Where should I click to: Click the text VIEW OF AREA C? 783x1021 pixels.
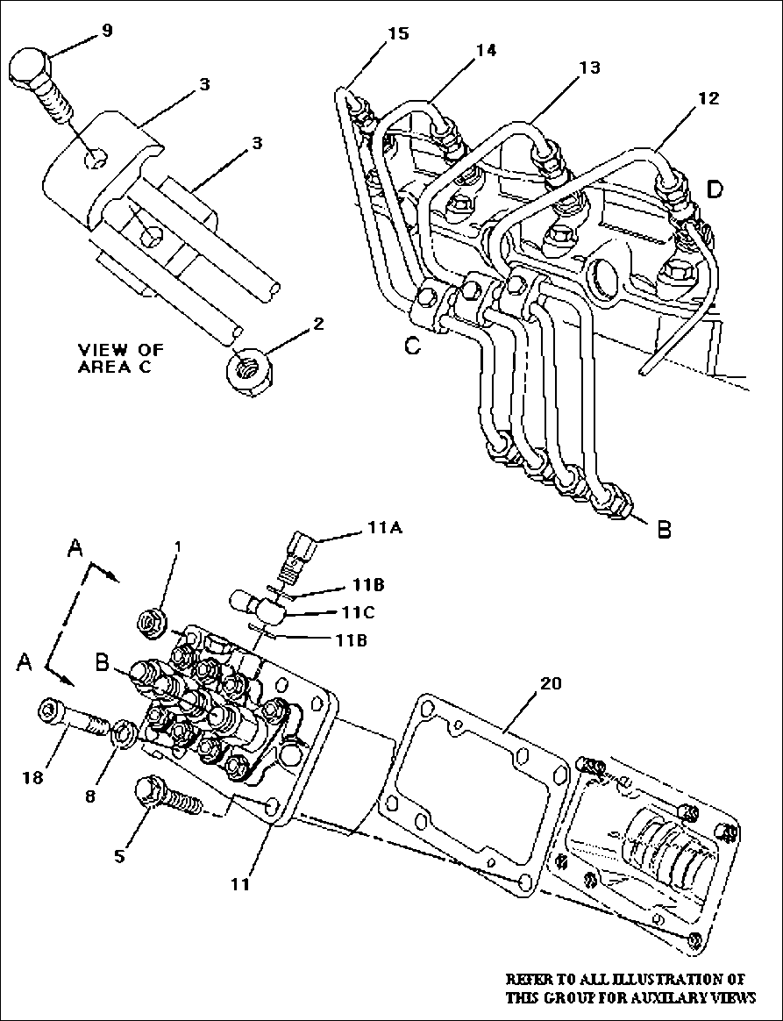pos(121,358)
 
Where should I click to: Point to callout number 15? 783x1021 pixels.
pos(398,33)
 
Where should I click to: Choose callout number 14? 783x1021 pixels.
pos(486,51)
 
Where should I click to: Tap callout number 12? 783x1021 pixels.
pos(708,98)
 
